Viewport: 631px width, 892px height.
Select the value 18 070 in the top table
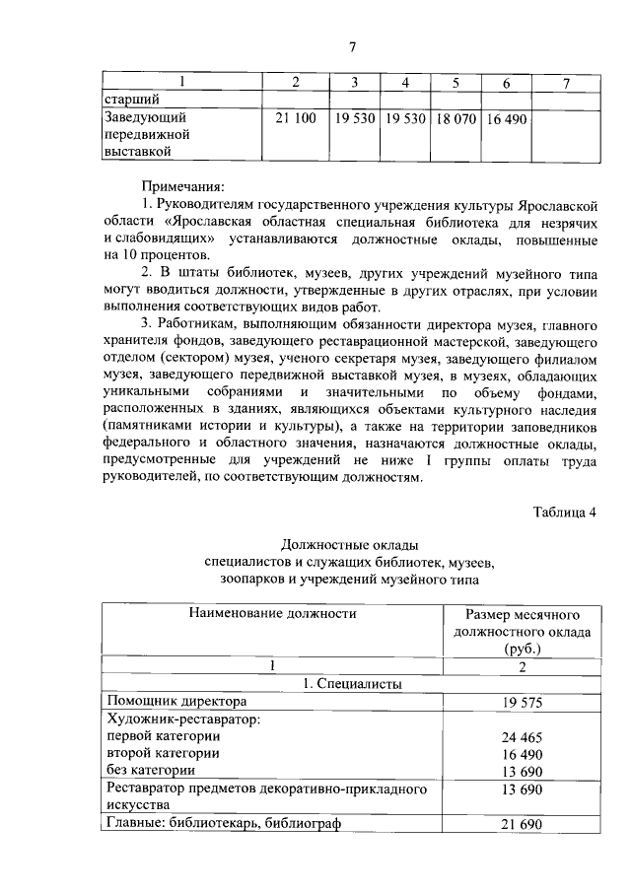coord(456,118)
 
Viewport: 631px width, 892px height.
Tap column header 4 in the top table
coord(405,82)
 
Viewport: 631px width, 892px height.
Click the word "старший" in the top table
coord(132,99)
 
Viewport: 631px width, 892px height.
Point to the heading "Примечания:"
coord(183,184)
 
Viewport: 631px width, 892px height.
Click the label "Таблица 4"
coord(564,511)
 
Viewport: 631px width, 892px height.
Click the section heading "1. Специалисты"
coord(350,682)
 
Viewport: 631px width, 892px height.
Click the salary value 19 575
coord(522,702)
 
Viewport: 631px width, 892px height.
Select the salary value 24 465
coord(522,736)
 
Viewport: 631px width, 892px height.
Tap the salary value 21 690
coord(522,824)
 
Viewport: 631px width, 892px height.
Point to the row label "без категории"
coord(149,770)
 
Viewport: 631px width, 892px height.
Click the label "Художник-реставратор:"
coord(182,720)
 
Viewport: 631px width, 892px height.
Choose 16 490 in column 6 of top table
coord(507,118)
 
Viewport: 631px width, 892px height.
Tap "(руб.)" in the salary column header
coord(522,649)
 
